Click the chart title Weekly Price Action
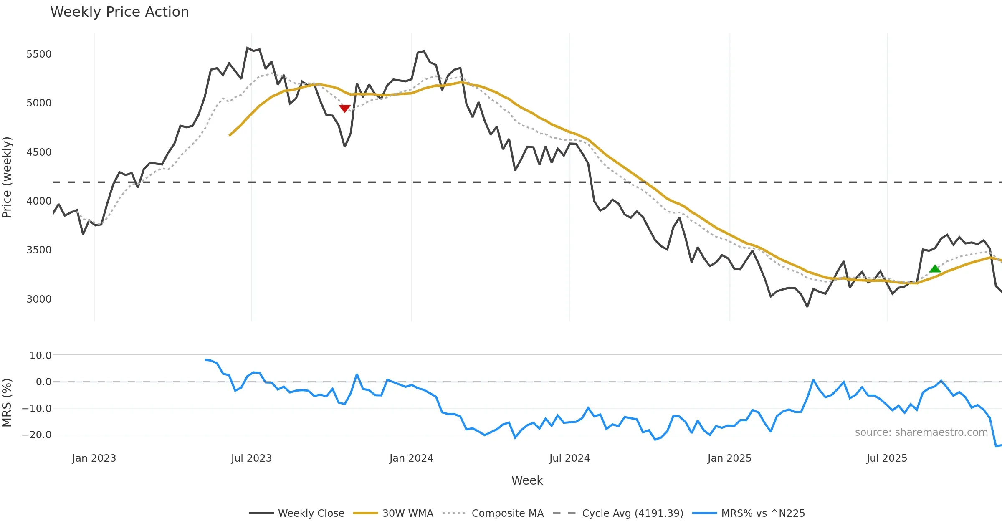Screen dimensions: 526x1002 119,12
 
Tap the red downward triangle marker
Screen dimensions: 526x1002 344,109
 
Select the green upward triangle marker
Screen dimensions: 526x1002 935,268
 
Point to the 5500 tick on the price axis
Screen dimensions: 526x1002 39,54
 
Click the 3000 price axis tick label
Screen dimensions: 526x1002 39,299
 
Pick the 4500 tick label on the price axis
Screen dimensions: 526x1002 39,152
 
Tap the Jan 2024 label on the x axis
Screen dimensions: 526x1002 411,458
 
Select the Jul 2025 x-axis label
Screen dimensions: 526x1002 887,458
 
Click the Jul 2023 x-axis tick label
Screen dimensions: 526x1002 251,458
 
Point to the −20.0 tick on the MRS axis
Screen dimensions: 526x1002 37,435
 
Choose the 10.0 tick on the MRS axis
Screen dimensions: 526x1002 40,356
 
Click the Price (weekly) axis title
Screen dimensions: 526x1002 7,177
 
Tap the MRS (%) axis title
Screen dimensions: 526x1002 7,403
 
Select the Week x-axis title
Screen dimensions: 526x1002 527,481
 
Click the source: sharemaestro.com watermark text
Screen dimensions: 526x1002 921,432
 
